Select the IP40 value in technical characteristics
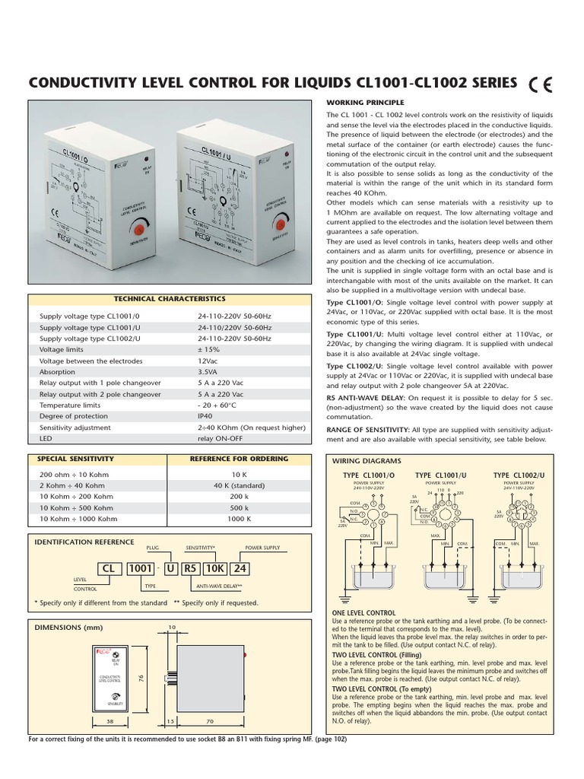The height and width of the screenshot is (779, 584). pos(205,416)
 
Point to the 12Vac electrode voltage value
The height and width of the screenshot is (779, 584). pos(208,361)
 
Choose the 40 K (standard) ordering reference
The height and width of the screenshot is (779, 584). pos(239,485)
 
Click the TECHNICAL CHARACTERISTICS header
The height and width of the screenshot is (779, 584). pos(170,300)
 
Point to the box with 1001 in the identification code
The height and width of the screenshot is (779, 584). pos(140,568)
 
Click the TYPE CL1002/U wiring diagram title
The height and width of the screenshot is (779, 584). pos(519,475)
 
